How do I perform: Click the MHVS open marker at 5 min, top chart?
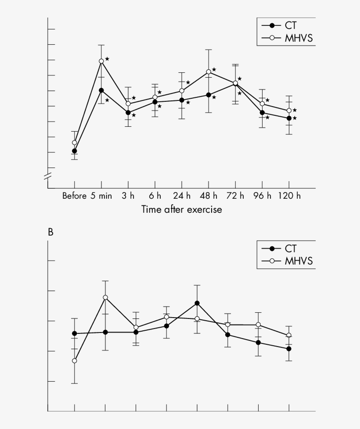tap(101, 61)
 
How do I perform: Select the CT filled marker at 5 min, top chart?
tap(101, 90)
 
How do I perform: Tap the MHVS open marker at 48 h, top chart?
tap(209, 71)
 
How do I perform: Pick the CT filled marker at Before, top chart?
tap(75, 151)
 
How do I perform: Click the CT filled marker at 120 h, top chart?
tap(289, 118)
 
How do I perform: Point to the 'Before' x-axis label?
tap(75, 196)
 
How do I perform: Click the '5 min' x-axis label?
tap(101, 196)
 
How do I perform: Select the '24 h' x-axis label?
tap(182, 196)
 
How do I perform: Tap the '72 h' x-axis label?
tap(235, 196)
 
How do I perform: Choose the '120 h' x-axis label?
tap(289, 196)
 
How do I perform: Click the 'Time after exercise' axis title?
tap(182, 210)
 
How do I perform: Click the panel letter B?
tap(50, 232)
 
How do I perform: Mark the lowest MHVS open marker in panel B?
tap(75, 361)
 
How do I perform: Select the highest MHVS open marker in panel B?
tap(105, 297)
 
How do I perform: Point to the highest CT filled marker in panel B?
tap(197, 303)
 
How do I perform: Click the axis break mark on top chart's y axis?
tap(48, 176)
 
